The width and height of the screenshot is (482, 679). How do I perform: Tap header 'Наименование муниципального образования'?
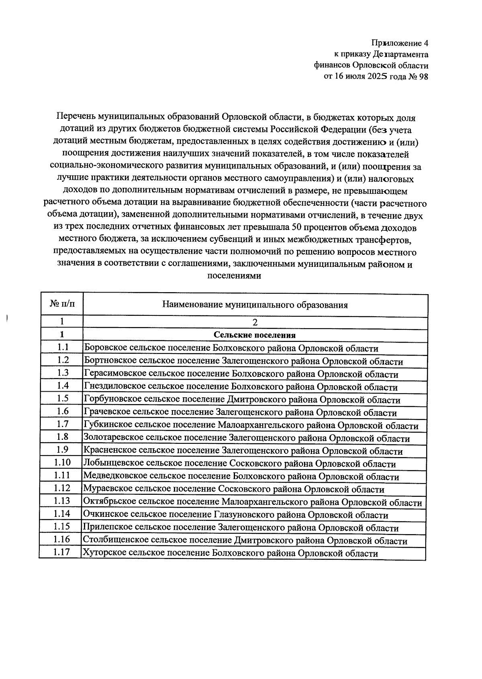click(255, 305)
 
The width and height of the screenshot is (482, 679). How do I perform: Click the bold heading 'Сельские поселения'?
click(255, 335)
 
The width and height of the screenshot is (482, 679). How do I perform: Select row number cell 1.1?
click(62, 347)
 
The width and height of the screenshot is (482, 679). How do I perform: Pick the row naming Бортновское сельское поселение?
click(243, 361)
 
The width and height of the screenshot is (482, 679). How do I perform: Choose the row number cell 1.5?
click(62, 398)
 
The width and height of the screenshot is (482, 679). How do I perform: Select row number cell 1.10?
click(62, 462)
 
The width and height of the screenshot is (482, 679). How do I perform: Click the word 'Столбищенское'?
click(113, 541)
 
